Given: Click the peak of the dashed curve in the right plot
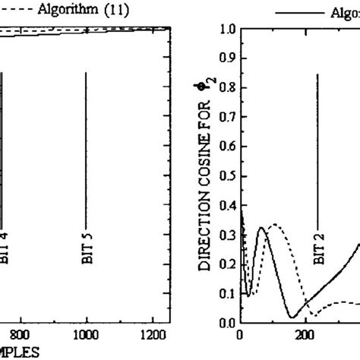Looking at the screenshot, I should [276, 225].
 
